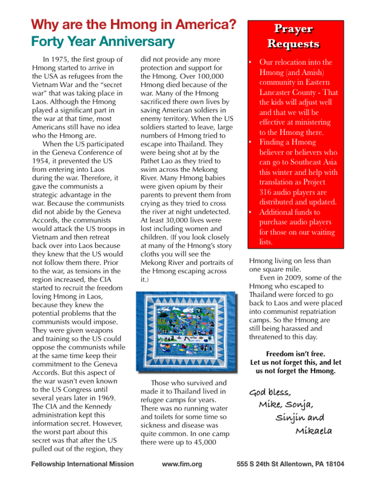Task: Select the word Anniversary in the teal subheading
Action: point(135,42)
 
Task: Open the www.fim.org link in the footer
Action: point(182,464)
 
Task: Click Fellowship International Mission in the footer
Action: point(82,464)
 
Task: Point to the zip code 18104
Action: point(334,464)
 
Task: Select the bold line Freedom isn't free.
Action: point(295,353)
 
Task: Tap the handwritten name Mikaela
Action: point(314,431)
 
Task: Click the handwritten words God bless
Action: point(270,392)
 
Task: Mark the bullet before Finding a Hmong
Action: point(250,142)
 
